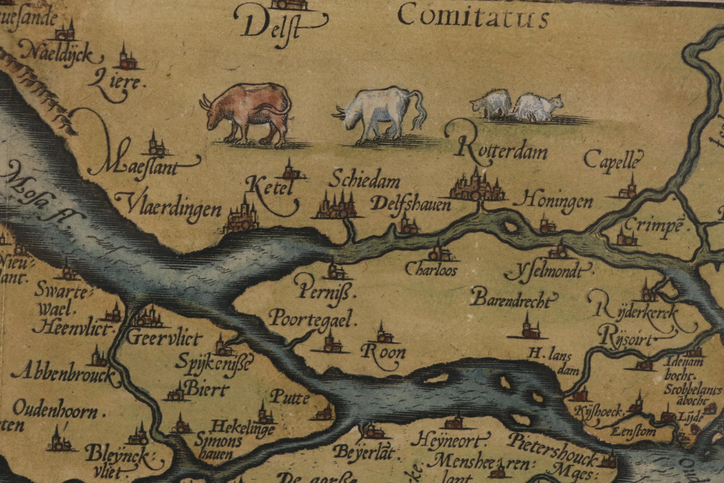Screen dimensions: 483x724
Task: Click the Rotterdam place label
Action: coord(500,152)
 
